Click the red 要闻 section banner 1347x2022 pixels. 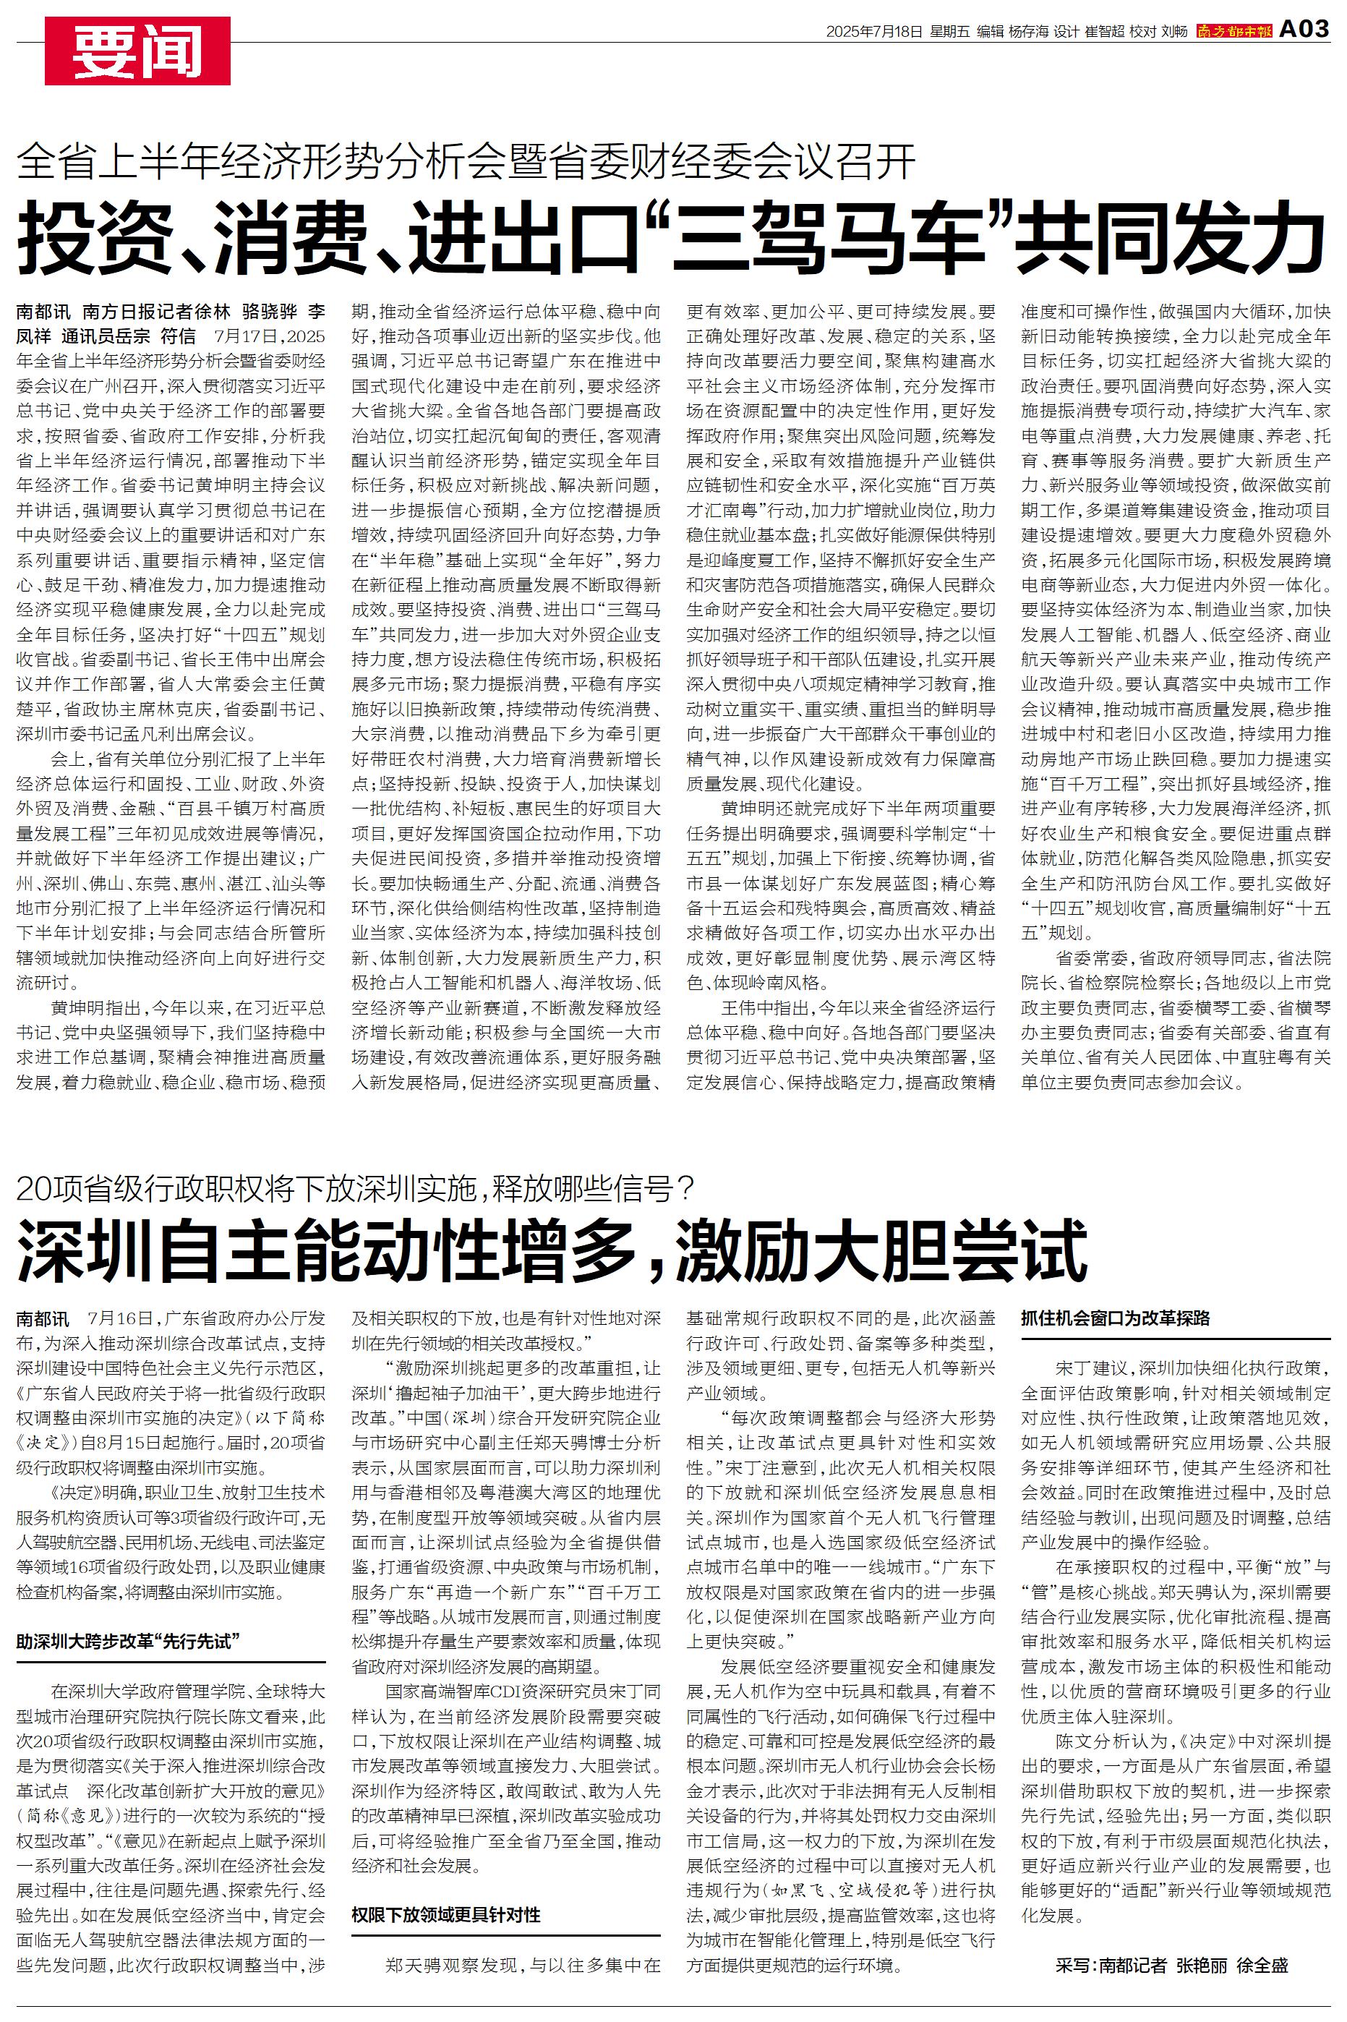[137, 51]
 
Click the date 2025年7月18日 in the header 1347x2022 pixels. [875, 32]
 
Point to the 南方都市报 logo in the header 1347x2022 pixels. [1233, 32]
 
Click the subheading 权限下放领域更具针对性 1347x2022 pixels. [446, 1915]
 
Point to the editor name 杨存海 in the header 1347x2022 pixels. [1028, 32]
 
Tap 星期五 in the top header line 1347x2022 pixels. [949, 32]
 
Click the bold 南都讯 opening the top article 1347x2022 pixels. [43, 311]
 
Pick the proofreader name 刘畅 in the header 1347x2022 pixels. [1173, 32]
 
